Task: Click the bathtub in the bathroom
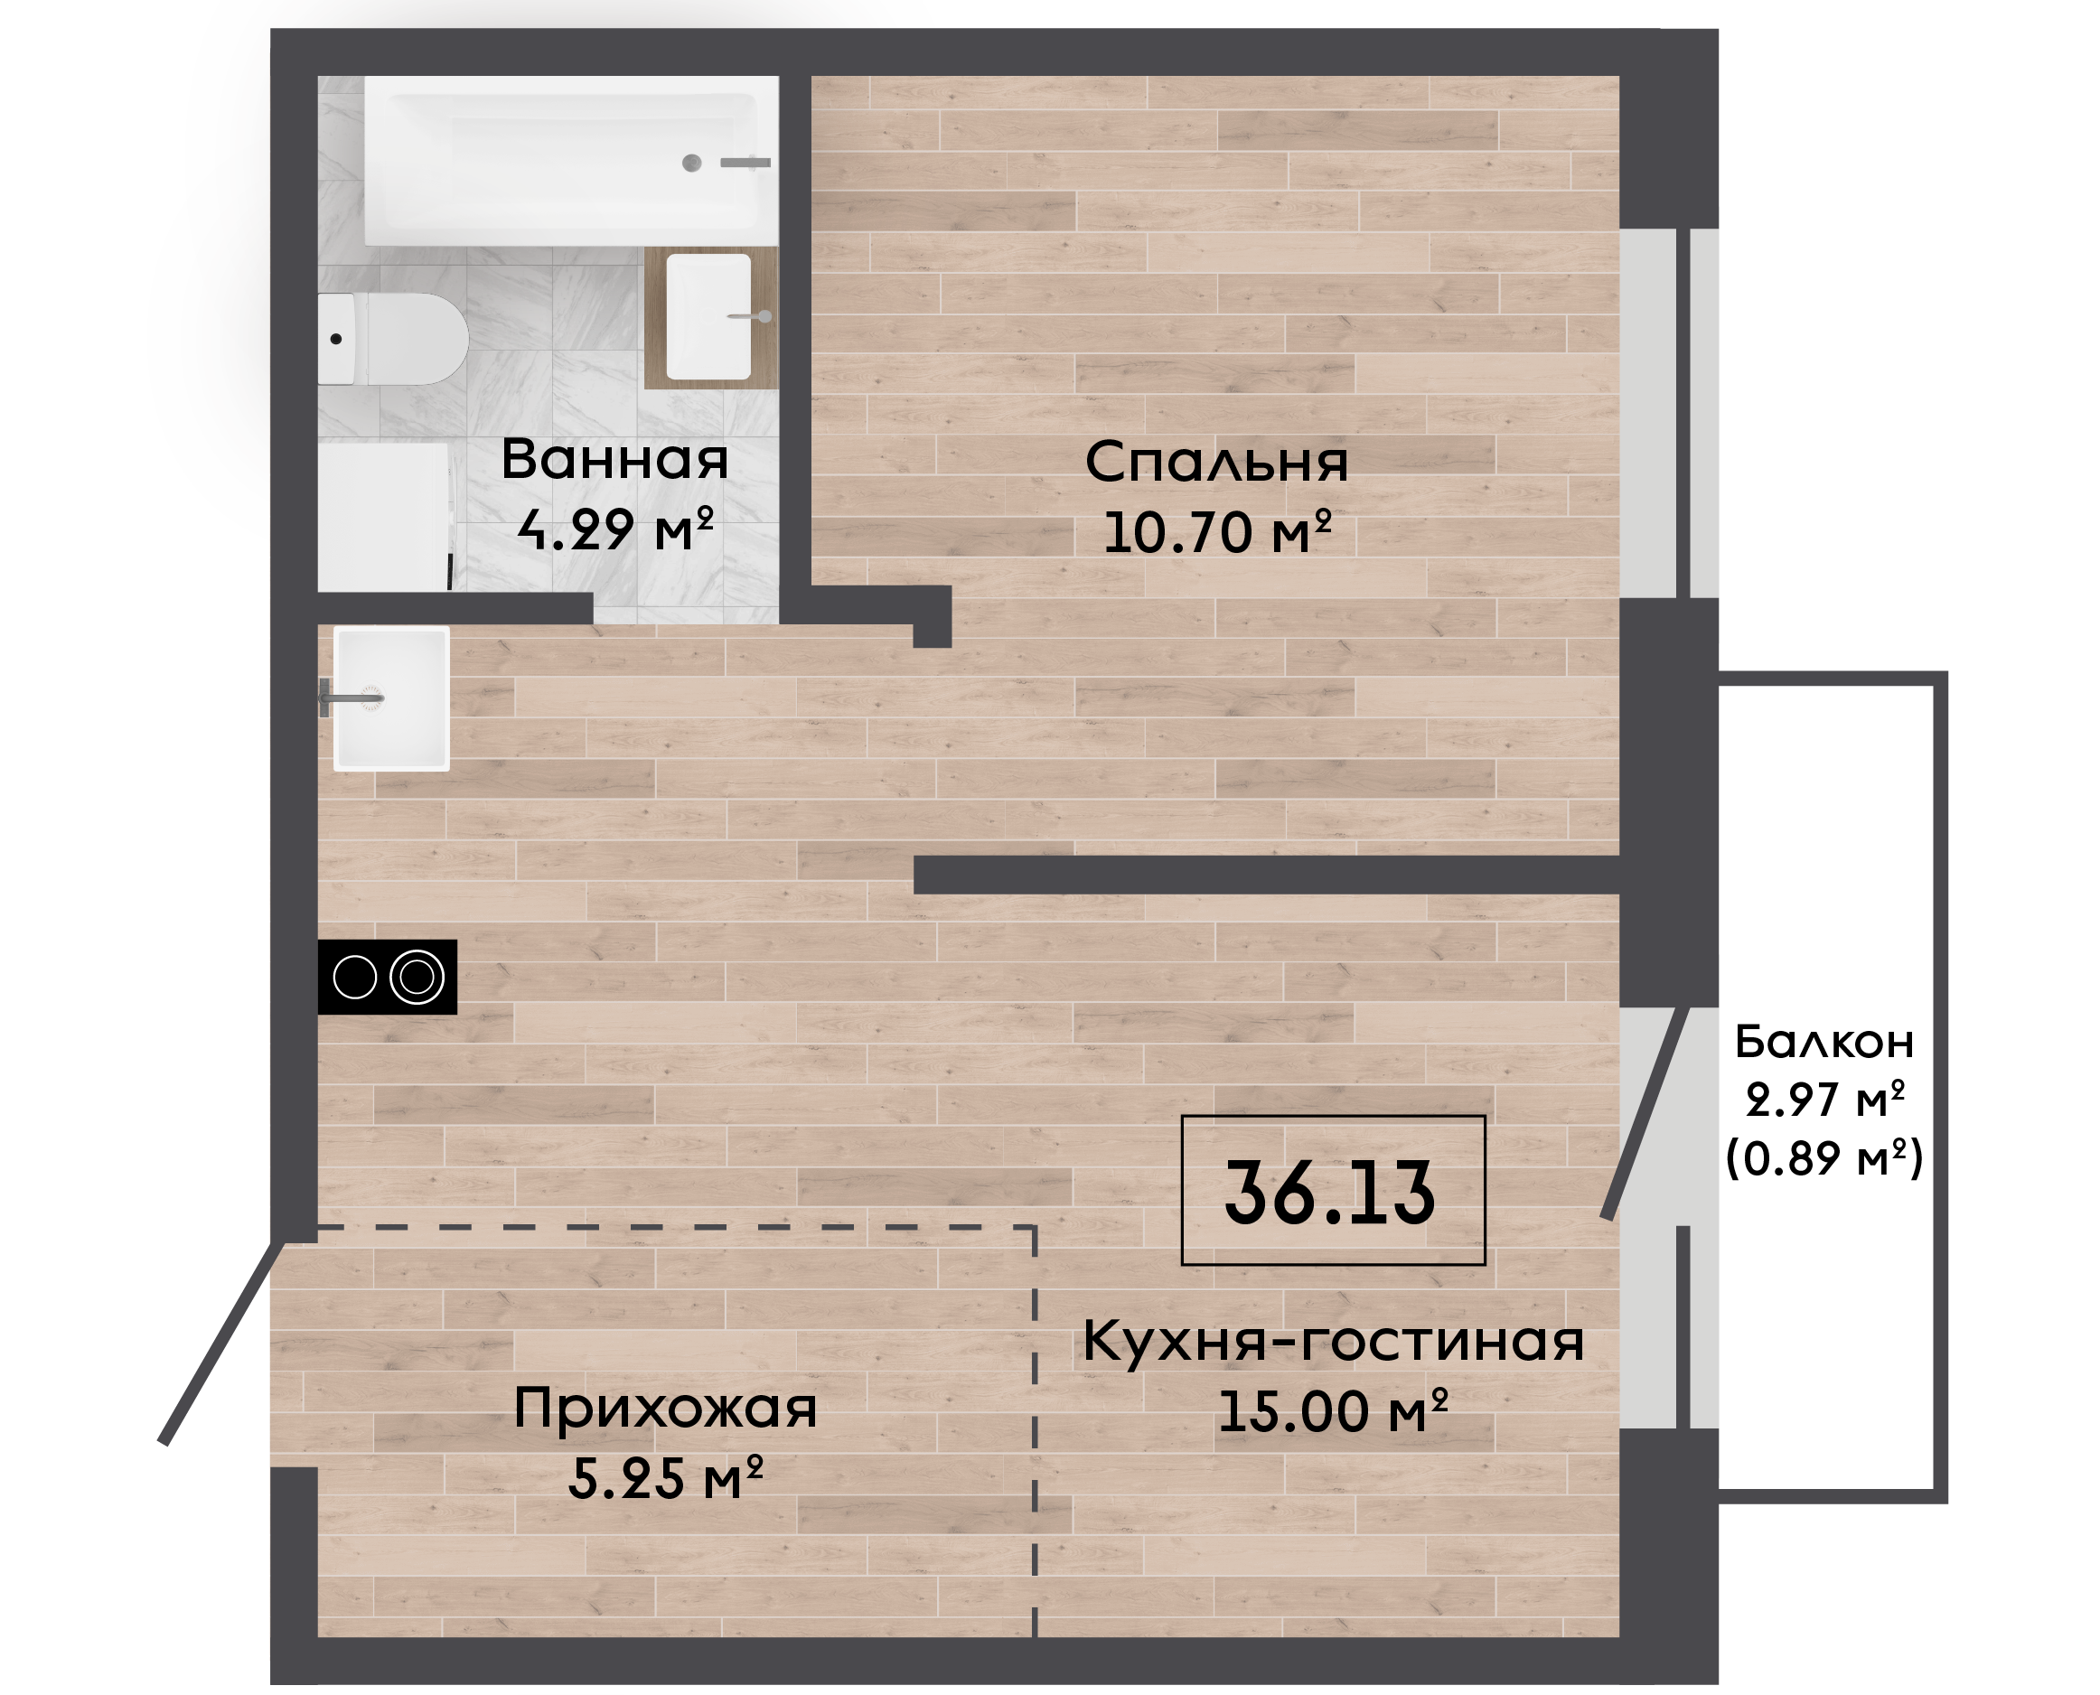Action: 571,161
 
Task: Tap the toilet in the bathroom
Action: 392,339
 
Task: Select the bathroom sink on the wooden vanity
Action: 708,316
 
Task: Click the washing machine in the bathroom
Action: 384,517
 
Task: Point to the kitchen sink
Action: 391,698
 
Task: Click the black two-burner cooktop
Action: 388,977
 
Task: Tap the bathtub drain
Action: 692,163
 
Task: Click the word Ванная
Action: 615,460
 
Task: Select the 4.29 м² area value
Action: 615,530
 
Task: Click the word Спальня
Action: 1216,462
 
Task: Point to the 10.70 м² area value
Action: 1217,533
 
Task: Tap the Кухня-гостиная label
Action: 1333,1341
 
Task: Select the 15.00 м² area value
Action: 1333,1412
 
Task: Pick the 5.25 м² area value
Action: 665,1479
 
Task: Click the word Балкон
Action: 1823,1042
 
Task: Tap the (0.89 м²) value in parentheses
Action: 1823,1158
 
